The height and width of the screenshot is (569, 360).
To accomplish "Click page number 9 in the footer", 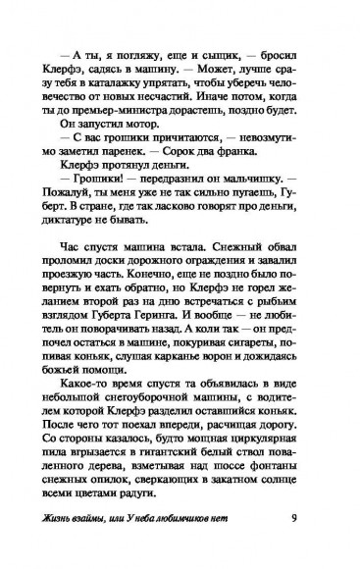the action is (x=313, y=538).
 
